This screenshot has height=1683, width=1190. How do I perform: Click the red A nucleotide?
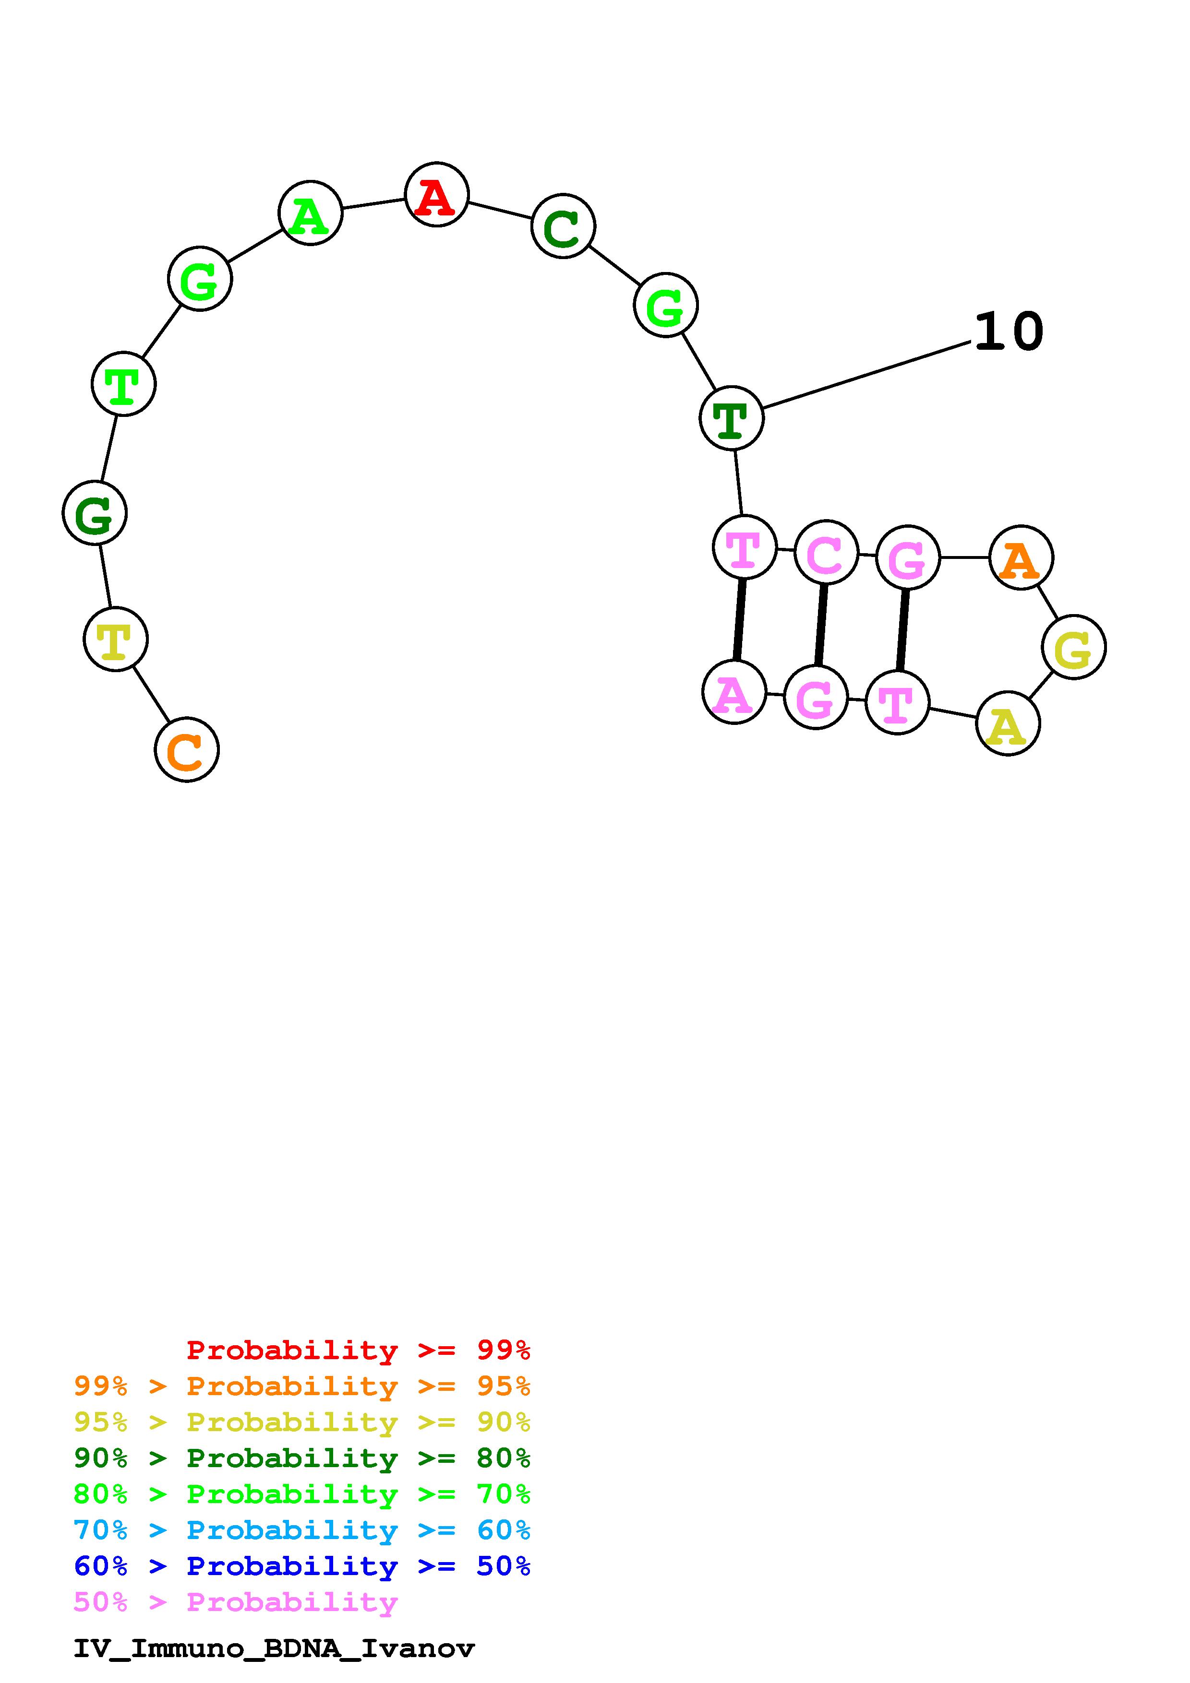click(x=436, y=194)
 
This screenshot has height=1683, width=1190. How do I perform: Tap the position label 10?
click(x=1008, y=332)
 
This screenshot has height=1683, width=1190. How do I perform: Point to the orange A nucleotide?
click(x=1021, y=558)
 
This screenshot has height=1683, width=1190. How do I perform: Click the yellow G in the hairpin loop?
click(x=1073, y=647)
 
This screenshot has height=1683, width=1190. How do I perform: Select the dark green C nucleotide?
click(x=563, y=226)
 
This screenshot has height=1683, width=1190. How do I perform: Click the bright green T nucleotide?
click(x=123, y=384)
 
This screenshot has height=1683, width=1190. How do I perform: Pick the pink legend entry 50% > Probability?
click(x=235, y=1602)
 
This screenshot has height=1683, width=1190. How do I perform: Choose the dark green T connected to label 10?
click(x=731, y=418)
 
